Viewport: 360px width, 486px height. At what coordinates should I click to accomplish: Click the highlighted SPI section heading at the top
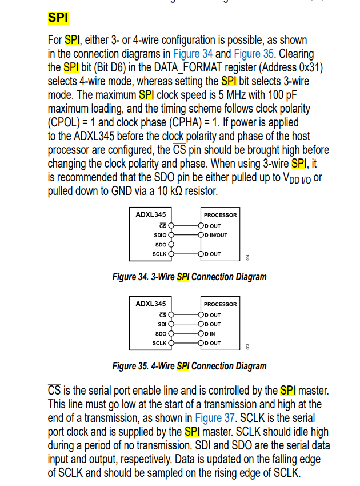click(58, 18)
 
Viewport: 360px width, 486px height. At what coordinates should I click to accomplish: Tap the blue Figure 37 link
click(216, 418)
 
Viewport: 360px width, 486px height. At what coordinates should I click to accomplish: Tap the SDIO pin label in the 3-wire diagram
click(160, 235)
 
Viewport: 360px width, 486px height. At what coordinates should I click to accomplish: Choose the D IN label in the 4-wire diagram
click(210, 334)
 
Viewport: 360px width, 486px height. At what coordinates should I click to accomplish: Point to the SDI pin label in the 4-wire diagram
click(162, 324)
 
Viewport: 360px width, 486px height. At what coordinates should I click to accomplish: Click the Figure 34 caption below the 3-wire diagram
click(189, 277)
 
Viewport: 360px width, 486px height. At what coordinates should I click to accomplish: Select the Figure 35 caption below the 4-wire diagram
click(189, 366)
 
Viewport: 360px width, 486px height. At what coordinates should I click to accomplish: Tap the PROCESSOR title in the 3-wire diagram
click(220, 215)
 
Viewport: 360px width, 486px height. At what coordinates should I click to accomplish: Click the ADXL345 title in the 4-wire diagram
click(150, 304)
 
